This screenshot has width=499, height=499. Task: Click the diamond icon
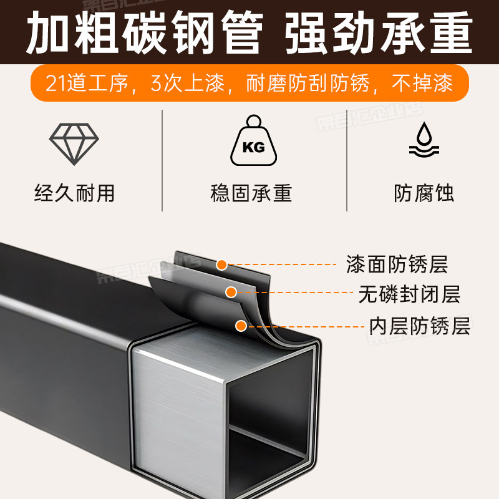(74, 143)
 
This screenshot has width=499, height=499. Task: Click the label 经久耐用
(74, 193)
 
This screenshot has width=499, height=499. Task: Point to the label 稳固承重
(251, 193)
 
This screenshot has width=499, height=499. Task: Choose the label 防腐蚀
(424, 193)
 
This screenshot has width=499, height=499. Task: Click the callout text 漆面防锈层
(397, 264)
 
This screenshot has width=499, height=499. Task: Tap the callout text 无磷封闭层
(409, 294)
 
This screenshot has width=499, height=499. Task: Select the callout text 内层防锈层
(419, 326)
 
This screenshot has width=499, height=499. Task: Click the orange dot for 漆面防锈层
(221, 265)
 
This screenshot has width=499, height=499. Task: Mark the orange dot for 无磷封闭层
(231, 291)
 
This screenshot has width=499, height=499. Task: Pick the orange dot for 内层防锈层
(240, 324)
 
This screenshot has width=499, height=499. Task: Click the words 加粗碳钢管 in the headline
(144, 32)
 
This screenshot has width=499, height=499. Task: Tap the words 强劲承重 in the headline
(379, 32)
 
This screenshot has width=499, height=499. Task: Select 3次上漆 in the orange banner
(187, 84)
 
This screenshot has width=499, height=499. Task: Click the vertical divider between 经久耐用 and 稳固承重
(163, 160)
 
